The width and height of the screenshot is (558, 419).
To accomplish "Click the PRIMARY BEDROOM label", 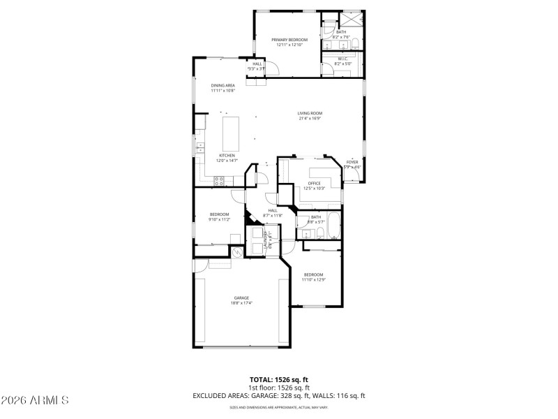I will point(289,40).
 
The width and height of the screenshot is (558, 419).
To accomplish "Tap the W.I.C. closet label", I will point(342,59).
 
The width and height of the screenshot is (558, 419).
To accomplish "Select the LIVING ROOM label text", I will point(310,113).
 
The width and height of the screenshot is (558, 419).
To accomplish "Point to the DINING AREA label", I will point(223,85).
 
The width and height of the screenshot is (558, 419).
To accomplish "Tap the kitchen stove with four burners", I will point(219,181).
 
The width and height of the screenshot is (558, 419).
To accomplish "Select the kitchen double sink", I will point(199,147).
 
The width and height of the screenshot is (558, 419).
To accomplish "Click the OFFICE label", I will point(314,184).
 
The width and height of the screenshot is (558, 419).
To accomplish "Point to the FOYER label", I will point(352,162).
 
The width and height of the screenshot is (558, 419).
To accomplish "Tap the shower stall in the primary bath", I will point(352,20).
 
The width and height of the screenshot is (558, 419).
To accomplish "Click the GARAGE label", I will point(241,297).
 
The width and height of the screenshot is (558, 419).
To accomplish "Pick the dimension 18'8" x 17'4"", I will point(241,303).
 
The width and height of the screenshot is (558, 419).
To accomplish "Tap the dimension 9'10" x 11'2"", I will point(220,219).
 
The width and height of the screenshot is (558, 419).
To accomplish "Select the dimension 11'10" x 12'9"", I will point(313,279).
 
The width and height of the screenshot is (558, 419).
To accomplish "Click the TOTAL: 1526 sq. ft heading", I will point(279,379).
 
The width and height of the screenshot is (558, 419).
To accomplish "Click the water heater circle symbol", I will point(238,252).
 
